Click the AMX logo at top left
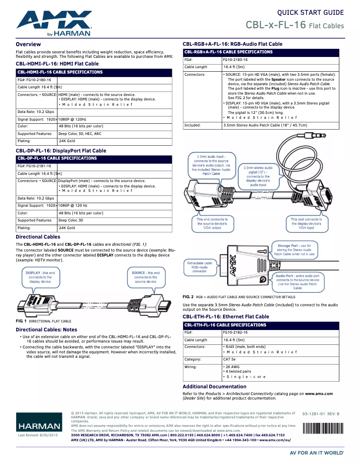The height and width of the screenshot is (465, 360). click(x=54, y=23)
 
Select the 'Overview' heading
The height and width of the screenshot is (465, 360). click(x=28, y=44)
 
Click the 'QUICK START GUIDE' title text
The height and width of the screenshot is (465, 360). click(x=310, y=13)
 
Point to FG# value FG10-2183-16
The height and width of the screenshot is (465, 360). click(x=235, y=60)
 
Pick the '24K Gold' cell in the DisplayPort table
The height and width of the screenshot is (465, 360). click(x=67, y=228)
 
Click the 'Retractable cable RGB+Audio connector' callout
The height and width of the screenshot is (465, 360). click(x=199, y=267)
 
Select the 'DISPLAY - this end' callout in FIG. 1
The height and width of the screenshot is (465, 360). click(x=40, y=277)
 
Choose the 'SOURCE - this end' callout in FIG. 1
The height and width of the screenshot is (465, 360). click(x=145, y=277)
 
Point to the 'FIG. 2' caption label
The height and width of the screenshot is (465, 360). click(x=188, y=297)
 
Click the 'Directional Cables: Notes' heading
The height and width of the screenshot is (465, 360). click(x=46, y=330)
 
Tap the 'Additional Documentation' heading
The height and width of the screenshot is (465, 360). click(x=214, y=387)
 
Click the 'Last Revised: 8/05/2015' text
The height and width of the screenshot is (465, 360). click(x=38, y=435)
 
